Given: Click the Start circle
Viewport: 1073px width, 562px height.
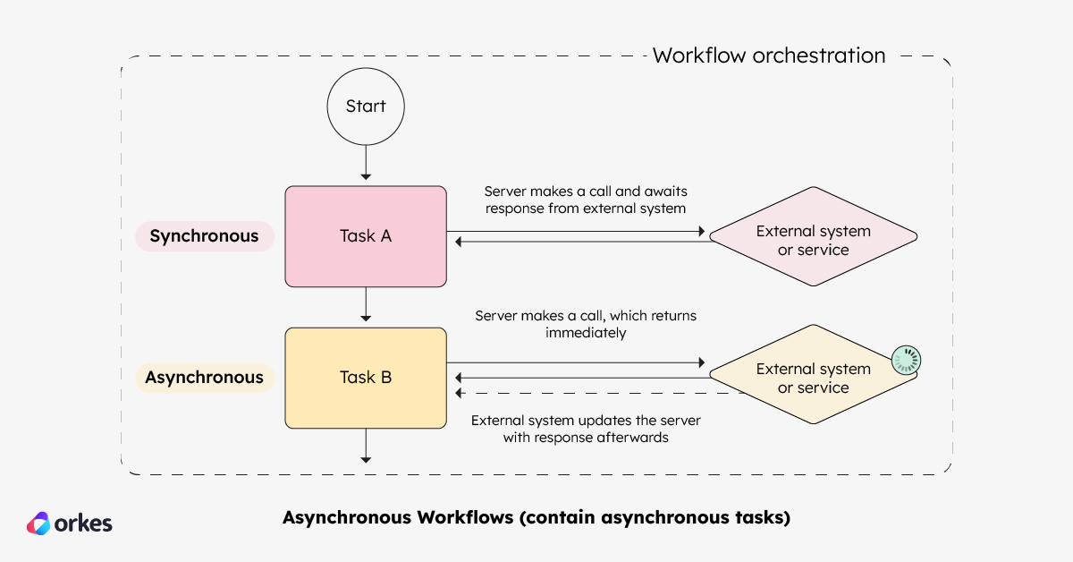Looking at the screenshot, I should tap(366, 106).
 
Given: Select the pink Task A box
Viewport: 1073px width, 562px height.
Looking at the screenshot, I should tap(366, 236).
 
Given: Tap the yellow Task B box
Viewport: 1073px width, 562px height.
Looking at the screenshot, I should tap(366, 377).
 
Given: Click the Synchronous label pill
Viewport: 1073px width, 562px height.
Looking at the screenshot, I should tap(204, 236).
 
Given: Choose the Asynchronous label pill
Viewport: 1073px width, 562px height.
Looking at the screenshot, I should tap(204, 378).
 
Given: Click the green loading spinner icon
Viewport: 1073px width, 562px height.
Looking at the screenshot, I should tap(906, 361).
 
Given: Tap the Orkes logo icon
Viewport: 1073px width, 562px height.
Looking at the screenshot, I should tap(39, 524).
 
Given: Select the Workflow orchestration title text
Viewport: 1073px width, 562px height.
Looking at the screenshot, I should tap(769, 55).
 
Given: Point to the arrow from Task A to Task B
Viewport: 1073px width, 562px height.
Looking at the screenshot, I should tap(366, 307).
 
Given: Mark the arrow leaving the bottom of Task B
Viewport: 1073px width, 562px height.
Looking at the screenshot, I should tap(366, 446).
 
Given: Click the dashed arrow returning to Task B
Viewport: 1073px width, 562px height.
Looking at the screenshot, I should tap(599, 393).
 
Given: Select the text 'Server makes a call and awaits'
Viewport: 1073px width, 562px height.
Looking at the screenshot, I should tap(586, 192).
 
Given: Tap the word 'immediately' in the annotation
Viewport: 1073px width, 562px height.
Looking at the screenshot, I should tap(586, 333).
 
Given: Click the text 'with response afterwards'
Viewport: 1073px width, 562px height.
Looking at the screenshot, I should tap(586, 439).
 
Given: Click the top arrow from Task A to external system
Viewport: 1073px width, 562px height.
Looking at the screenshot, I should tap(577, 231).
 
